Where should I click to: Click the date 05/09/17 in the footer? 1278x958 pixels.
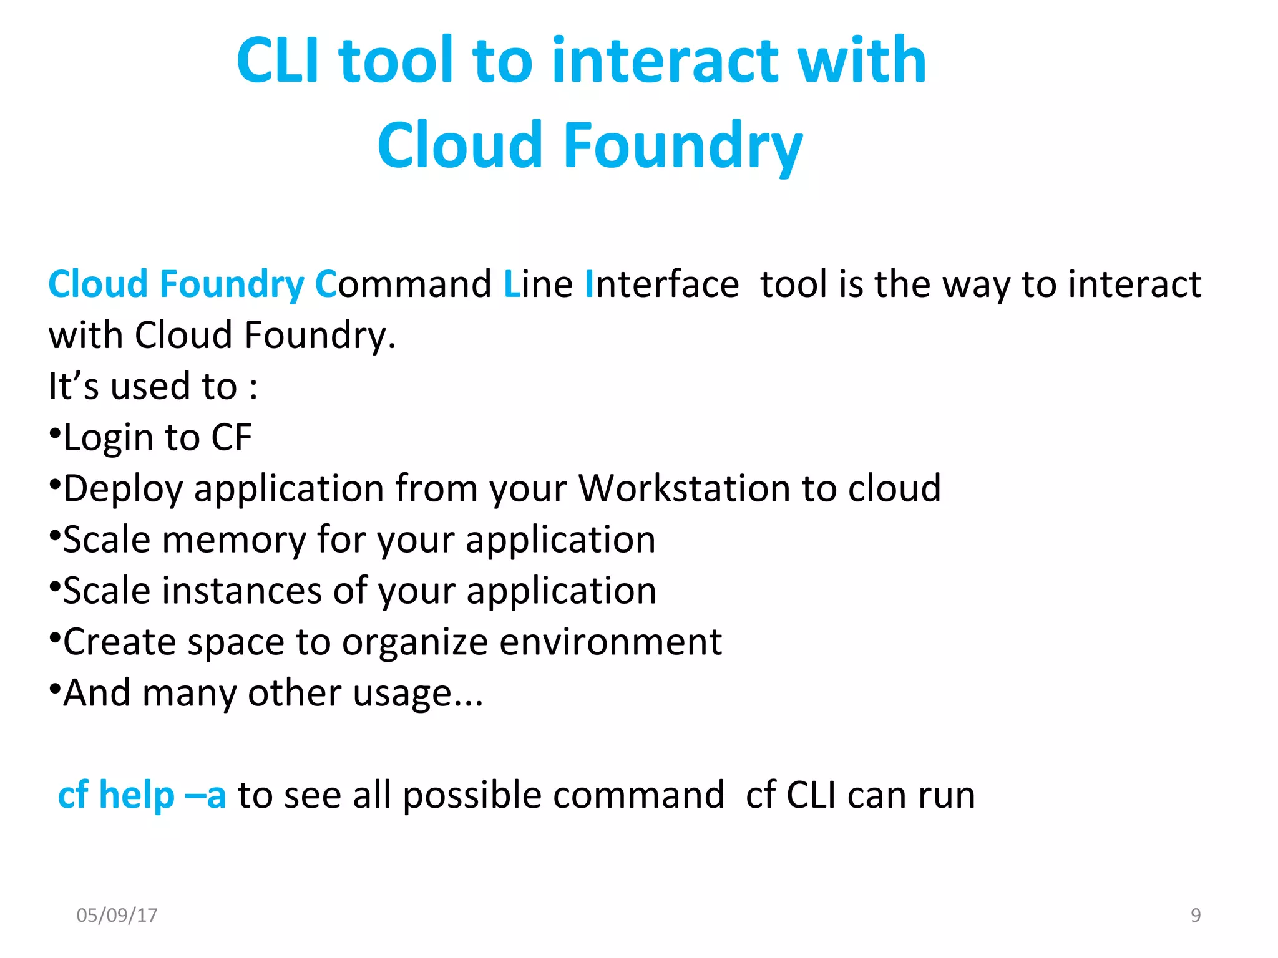tap(117, 915)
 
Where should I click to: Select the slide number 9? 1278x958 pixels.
tap(1195, 915)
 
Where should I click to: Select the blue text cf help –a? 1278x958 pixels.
tap(142, 795)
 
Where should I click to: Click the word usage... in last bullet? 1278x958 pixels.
tap(417, 694)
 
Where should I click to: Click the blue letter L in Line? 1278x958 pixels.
tap(511, 284)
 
